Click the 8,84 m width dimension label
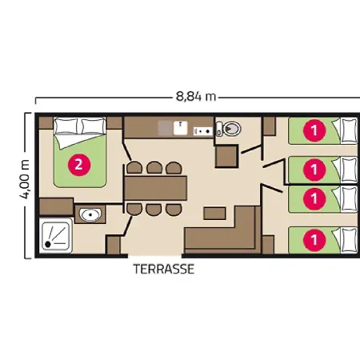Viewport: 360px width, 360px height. pos(196,97)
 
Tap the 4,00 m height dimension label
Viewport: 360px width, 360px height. pos(25,179)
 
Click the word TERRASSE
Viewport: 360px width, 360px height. pos(164,269)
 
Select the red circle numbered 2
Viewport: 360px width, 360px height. pos(79,165)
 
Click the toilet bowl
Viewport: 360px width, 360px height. pos(229,129)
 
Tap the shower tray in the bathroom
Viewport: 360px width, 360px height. pos(55,235)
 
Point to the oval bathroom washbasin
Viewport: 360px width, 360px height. pos(90,214)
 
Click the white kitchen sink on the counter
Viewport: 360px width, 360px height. pos(180,128)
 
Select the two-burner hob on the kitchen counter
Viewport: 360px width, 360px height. pos(203,131)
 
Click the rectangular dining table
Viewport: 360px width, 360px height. pos(155,188)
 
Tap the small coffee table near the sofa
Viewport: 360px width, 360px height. pos(214,214)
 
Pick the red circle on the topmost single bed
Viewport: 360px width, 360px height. pos(314,130)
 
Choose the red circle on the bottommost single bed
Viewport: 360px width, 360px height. pos(314,239)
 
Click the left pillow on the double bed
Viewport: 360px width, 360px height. pos(66,126)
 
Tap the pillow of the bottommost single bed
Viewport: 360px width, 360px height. pos(350,240)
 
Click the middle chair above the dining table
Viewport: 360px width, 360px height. pos(154,168)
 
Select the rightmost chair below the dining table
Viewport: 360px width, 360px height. pos(174,210)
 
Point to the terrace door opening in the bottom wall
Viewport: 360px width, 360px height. pos(154,256)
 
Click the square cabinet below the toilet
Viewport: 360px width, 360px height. pos(226,156)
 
